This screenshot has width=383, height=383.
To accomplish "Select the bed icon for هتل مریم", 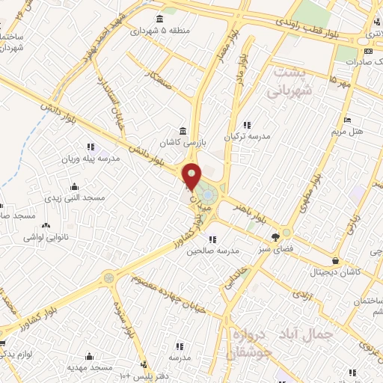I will pos(346,120).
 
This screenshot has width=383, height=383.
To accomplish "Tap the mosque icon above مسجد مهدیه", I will pos(90,356).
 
